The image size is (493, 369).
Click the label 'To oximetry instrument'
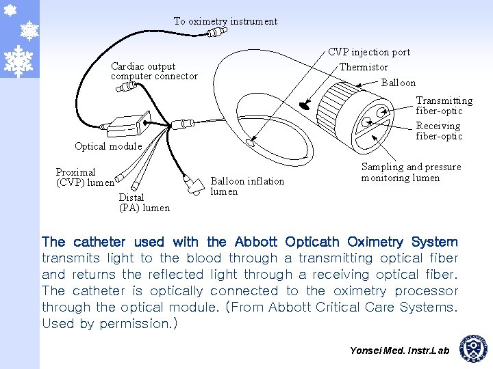pos(225,21)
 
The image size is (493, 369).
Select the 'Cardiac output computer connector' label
pos(154,71)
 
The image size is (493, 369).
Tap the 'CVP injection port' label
pos(369,52)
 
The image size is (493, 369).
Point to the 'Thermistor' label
pos(364,67)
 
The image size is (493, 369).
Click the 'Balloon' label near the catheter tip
pos(398,83)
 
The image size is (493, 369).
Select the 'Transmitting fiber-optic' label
pos(444,105)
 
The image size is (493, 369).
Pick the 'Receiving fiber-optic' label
pos(439,131)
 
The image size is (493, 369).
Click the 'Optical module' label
pos(108,146)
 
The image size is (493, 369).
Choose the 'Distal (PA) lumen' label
pos(144,202)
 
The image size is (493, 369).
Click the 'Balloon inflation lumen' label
pos(246,186)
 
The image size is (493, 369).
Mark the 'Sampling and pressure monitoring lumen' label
pos(411,172)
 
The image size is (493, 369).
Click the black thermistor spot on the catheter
pos(305,105)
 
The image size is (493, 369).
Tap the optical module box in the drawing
pos(127,124)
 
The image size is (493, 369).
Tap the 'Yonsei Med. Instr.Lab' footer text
pos(399,351)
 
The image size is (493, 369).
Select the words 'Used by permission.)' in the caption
pos(110,324)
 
